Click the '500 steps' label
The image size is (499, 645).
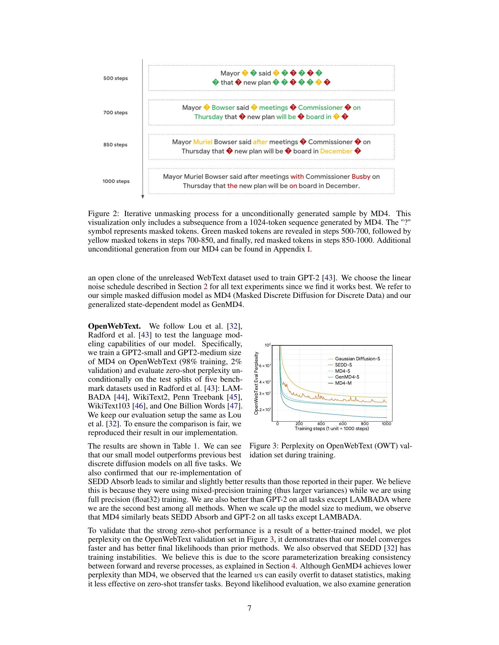click(x=115, y=78)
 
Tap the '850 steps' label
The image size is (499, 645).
click(x=115, y=145)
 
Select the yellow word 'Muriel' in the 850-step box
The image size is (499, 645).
click(x=203, y=142)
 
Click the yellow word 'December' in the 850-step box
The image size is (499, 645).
click(x=336, y=151)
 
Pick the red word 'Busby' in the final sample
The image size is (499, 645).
click(x=361, y=176)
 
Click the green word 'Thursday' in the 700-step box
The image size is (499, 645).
click(x=208, y=117)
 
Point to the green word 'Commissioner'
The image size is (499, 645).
click(x=320, y=108)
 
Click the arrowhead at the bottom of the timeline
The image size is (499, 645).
click(x=142, y=197)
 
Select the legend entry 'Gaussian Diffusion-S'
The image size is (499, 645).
click(x=358, y=359)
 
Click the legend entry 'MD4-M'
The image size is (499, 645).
click(x=343, y=383)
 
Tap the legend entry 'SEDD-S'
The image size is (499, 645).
click(x=343, y=365)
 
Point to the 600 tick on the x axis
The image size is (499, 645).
click(x=343, y=424)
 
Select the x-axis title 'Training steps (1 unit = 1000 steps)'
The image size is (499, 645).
click(x=332, y=429)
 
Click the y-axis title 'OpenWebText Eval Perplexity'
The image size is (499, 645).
click(x=256, y=383)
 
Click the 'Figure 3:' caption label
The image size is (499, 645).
click(x=264, y=446)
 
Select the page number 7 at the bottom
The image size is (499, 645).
click(x=249, y=608)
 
